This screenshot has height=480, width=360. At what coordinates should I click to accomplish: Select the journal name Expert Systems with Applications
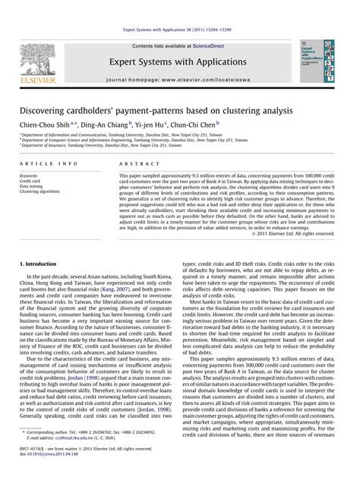click(x=179, y=65)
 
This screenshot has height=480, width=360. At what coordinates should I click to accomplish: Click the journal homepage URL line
click(x=179, y=81)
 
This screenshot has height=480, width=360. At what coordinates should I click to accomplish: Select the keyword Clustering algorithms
click(x=42, y=192)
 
